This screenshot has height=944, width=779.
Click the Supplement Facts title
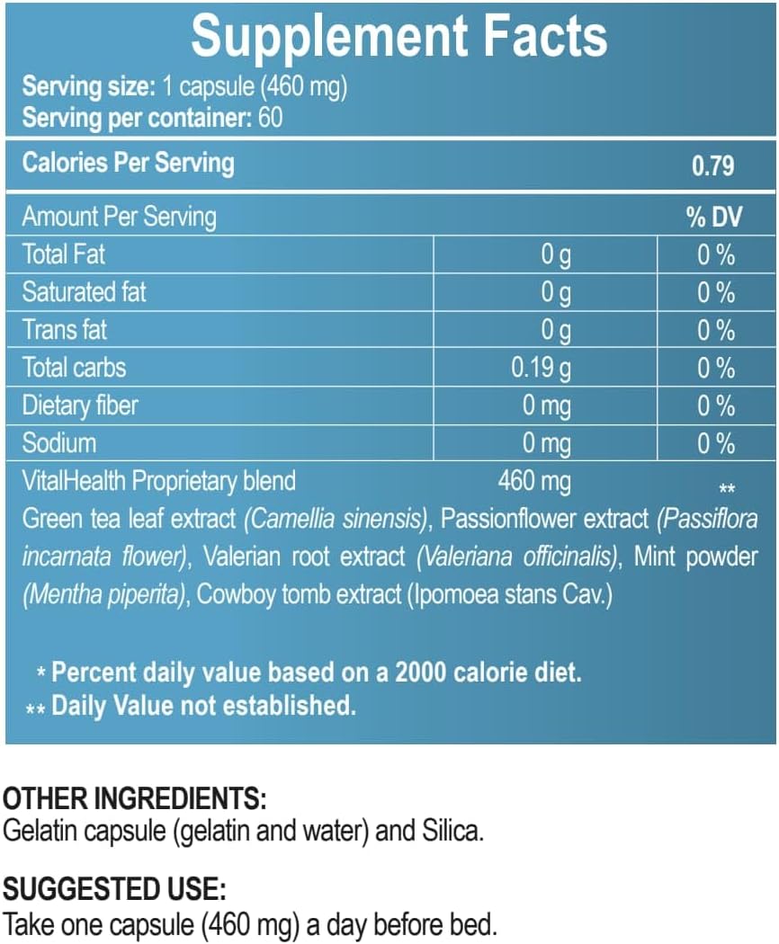point(398,36)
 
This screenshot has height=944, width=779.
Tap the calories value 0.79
point(712,165)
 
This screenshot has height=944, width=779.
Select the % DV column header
point(714,217)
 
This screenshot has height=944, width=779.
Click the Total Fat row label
point(64,254)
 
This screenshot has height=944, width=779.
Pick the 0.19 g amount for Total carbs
point(541,368)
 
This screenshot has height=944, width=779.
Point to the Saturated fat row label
point(84,292)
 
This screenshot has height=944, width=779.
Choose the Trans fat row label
point(65,330)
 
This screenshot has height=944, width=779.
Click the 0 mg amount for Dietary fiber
point(546,405)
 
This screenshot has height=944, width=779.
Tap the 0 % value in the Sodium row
point(716,443)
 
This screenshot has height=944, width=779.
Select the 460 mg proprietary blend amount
point(534,481)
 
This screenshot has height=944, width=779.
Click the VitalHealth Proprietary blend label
point(158,481)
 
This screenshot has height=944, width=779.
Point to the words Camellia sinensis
point(336,519)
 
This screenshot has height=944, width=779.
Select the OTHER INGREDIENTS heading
point(135,798)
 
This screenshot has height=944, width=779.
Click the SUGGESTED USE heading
point(114,890)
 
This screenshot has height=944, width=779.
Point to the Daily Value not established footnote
point(203,706)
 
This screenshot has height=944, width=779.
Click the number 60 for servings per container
point(271,117)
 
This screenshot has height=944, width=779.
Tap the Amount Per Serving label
point(119,217)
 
